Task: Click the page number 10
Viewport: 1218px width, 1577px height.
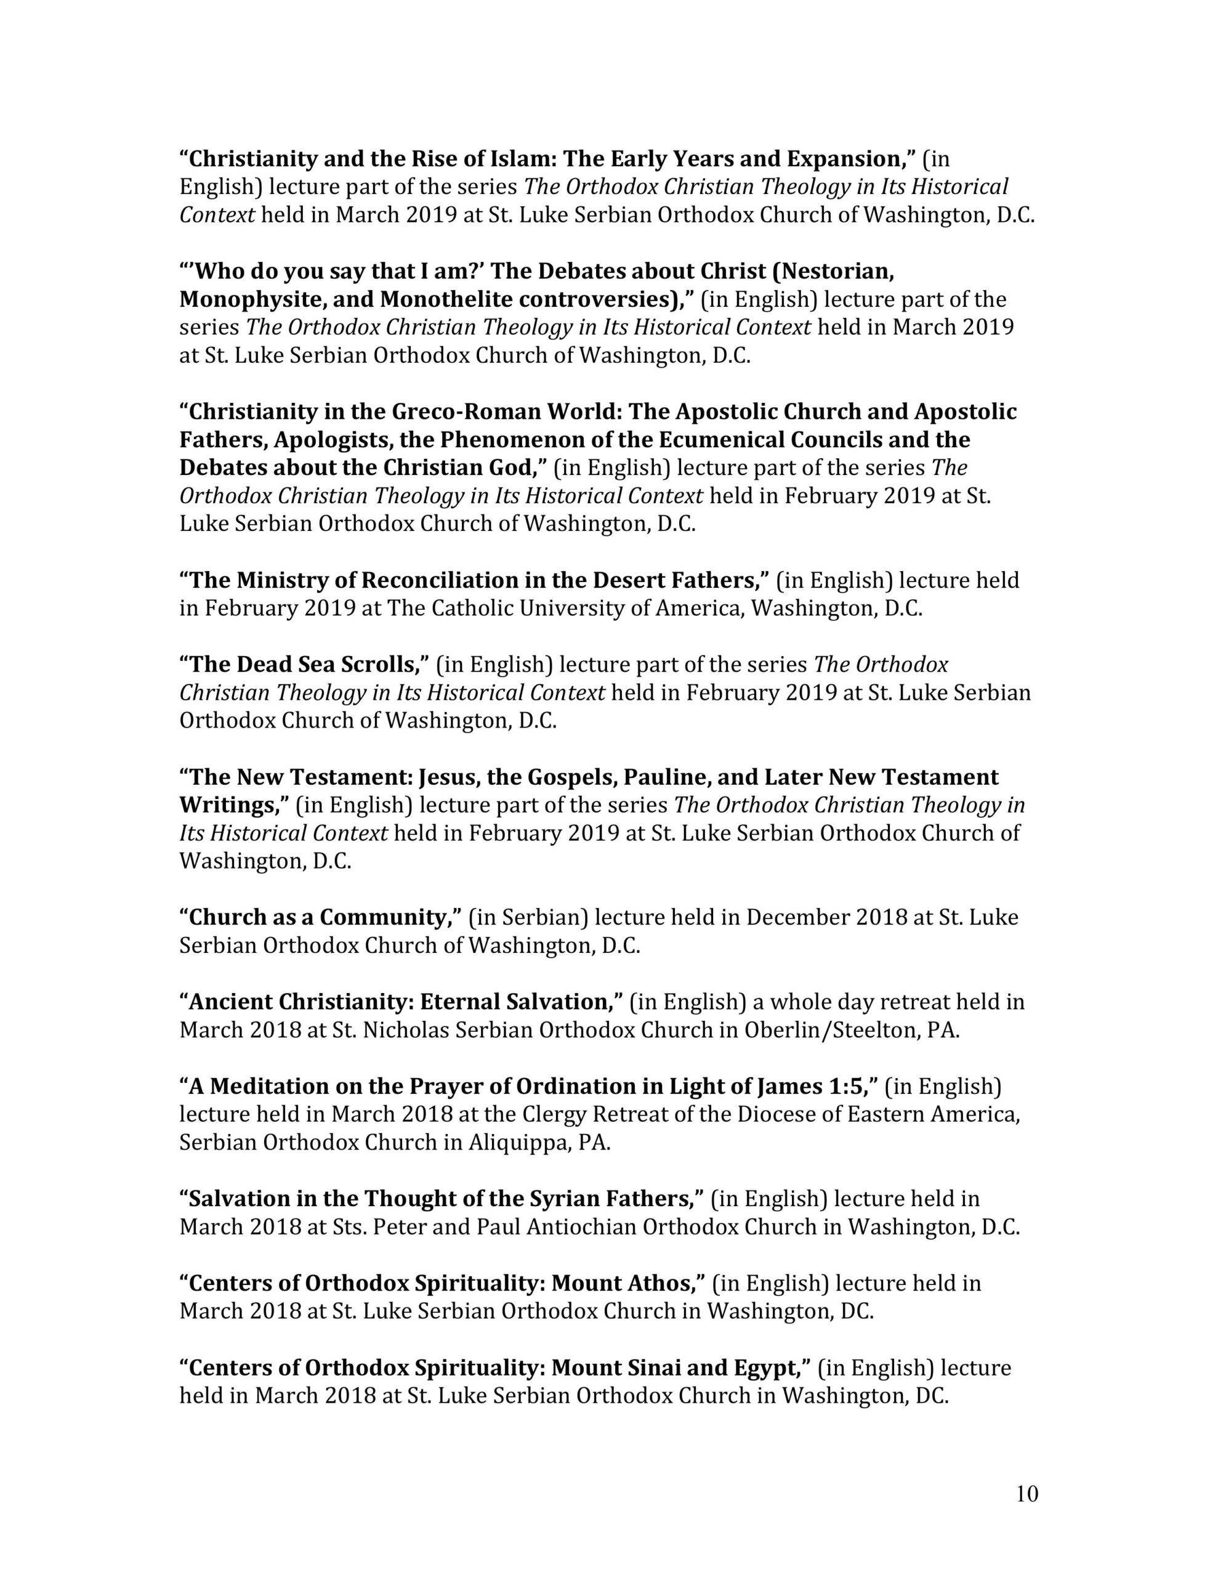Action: coord(1026,1493)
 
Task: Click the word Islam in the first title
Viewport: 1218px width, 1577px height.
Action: coord(519,158)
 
